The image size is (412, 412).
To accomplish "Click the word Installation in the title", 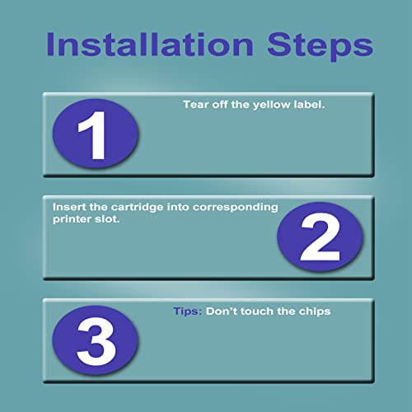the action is coord(150,44).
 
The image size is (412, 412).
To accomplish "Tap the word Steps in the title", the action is coord(320,47).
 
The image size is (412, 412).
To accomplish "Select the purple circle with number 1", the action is coord(96,133).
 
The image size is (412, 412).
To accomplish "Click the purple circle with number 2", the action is coord(320,236).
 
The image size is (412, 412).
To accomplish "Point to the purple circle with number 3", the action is coord(96,340).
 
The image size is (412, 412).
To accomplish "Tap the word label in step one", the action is coord(309,105).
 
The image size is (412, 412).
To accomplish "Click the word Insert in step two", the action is coord(69,207).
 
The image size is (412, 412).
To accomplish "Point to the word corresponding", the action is coord(235,208).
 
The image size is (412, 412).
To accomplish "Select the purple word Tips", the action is coord(188,311).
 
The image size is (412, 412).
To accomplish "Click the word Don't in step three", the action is coord(222,311).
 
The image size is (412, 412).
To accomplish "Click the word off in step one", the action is coord(220,105).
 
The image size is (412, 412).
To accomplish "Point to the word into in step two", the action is coord(178,207).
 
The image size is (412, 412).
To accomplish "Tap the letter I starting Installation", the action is coord(49,44).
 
